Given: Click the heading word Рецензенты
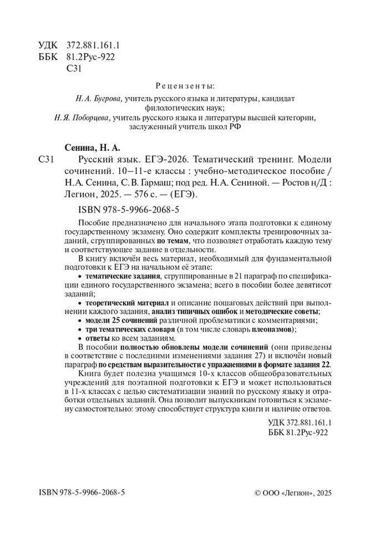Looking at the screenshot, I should point(185,87).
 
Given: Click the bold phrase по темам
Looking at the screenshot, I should point(169,241).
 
